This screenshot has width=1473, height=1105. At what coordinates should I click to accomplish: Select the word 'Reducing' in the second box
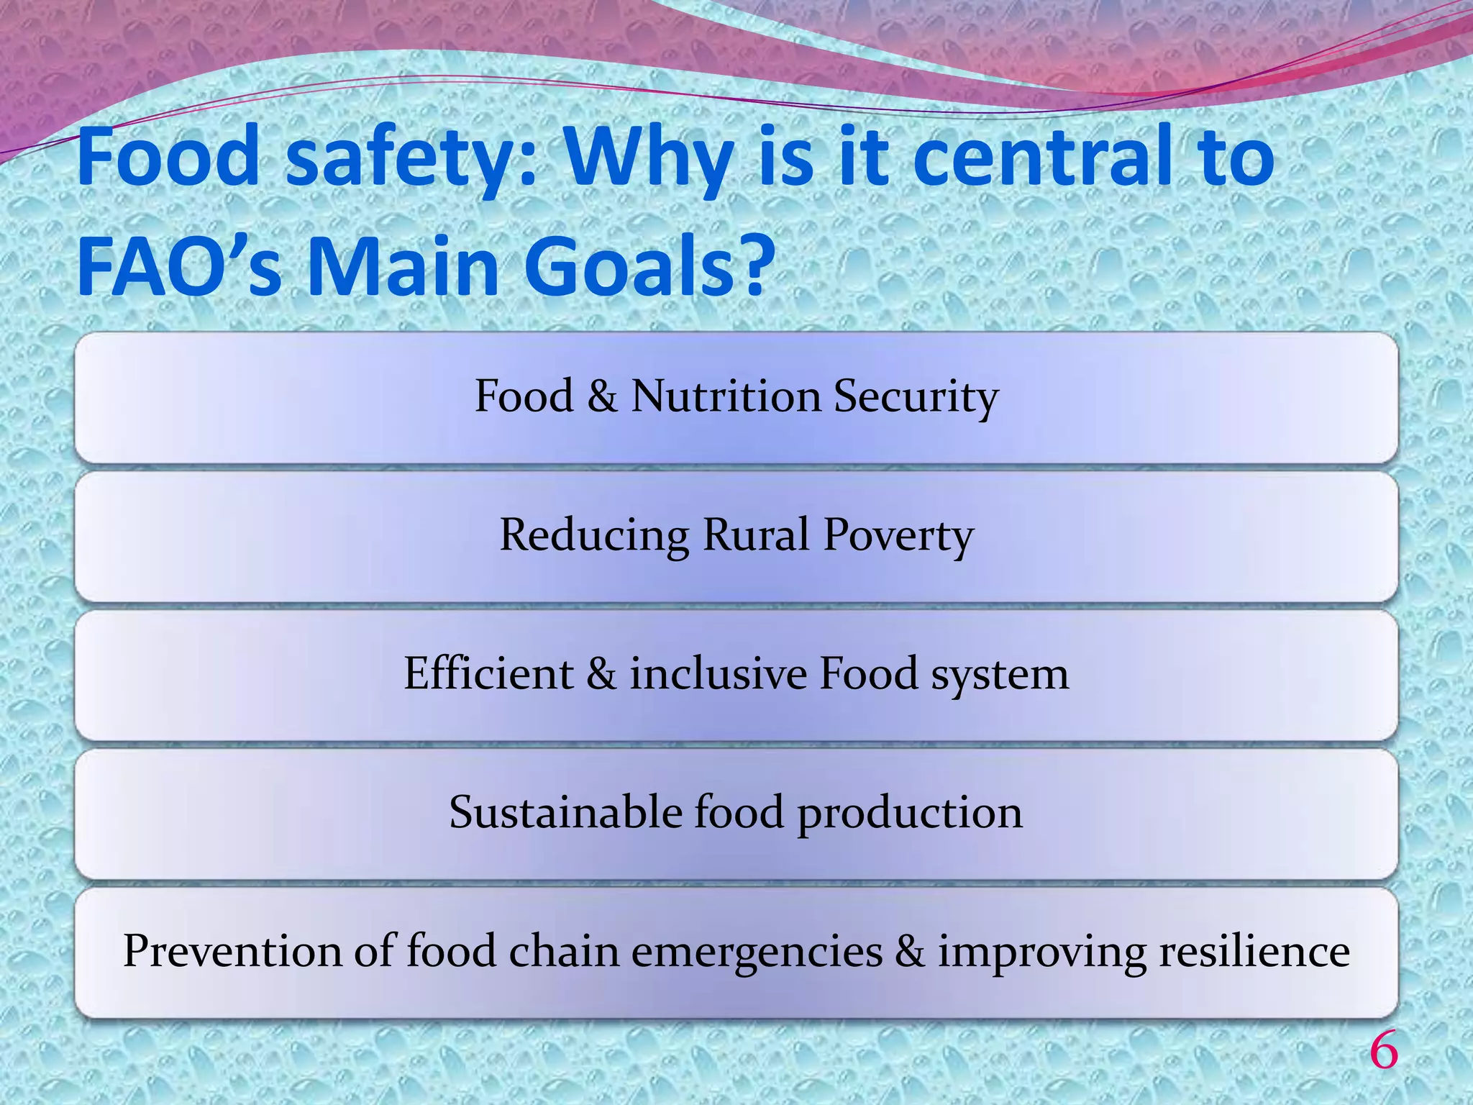(594, 536)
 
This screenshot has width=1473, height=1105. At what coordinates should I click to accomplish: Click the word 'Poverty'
(898, 536)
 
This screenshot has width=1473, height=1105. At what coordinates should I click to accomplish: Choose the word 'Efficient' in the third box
(488, 674)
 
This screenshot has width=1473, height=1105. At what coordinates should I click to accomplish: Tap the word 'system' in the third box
(1000, 676)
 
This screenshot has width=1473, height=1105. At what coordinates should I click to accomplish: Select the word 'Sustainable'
(565, 813)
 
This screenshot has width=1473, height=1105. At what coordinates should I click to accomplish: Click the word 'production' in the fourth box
(910, 814)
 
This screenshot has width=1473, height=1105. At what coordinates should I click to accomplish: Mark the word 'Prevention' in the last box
(232, 951)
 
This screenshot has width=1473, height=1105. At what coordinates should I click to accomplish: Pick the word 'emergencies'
(757, 952)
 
